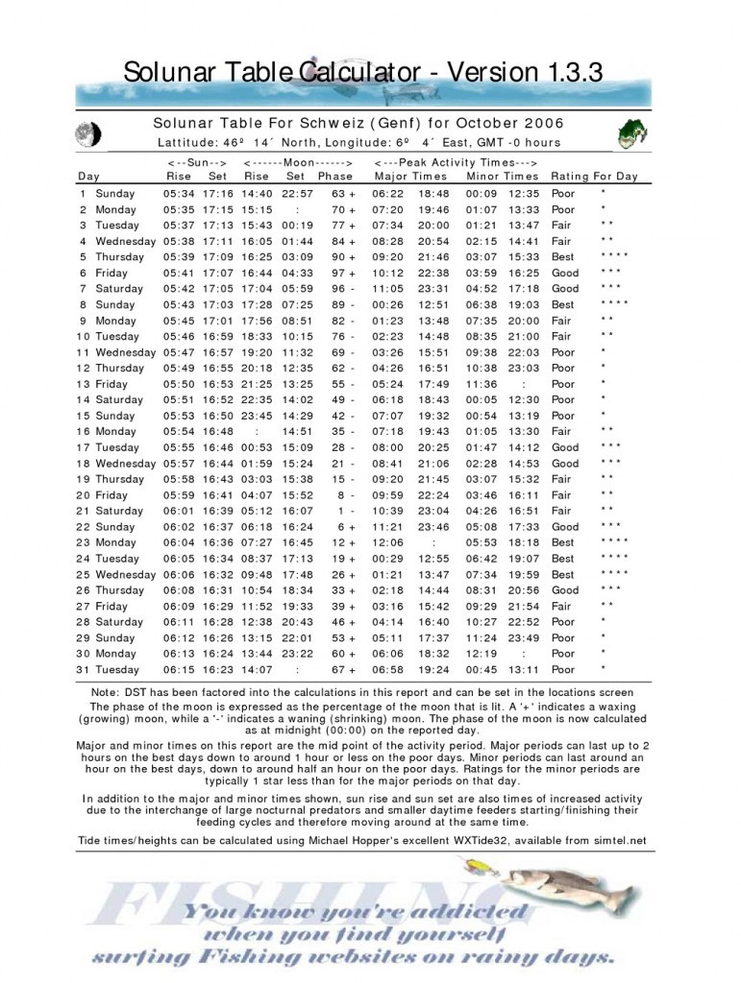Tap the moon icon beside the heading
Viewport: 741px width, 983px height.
point(89,133)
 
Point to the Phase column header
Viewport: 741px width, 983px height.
point(335,177)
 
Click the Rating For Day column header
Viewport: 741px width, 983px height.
point(594,177)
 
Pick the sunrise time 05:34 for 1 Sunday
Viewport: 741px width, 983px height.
point(179,193)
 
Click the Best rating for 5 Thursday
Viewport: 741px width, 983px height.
point(563,257)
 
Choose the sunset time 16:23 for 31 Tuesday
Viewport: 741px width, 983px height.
point(218,670)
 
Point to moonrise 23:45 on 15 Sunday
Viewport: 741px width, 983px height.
point(257,416)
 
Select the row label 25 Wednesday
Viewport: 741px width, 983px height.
point(116,575)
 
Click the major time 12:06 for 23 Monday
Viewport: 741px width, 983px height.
point(389,543)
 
